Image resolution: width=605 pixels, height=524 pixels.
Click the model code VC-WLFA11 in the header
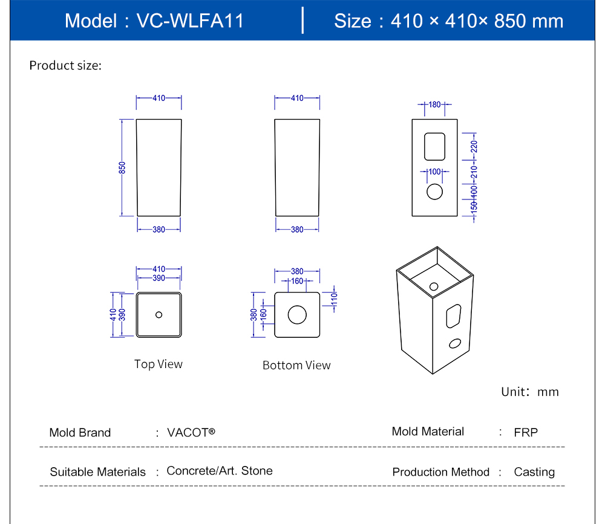[190, 21]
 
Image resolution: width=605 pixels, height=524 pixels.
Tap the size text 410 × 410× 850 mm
[477, 21]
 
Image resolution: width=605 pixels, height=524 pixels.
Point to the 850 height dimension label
[122, 167]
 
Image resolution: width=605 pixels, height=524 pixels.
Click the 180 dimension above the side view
[434, 105]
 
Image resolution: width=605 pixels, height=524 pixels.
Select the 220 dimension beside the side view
[474, 146]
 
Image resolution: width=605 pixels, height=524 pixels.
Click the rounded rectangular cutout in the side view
[434, 146]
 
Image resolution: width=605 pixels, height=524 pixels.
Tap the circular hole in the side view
[434, 192]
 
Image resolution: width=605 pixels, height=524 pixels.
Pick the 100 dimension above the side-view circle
[434, 172]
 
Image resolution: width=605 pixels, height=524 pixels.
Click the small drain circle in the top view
[159, 314]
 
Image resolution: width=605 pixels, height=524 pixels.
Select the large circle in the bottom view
[297, 314]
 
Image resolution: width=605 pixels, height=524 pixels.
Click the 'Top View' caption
[158, 364]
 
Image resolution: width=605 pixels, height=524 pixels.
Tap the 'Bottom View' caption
[296, 365]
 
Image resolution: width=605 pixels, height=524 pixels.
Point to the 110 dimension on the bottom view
[333, 298]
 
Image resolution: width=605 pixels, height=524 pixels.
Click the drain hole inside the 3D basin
[434, 285]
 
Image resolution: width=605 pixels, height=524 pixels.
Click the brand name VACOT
[191, 432]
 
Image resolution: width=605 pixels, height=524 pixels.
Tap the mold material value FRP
[526, 432]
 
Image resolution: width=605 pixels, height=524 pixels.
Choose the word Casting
[534, 472]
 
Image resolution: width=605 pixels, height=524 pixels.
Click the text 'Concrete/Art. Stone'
[220, 471]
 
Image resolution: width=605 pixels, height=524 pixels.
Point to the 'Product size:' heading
[65, 65]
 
